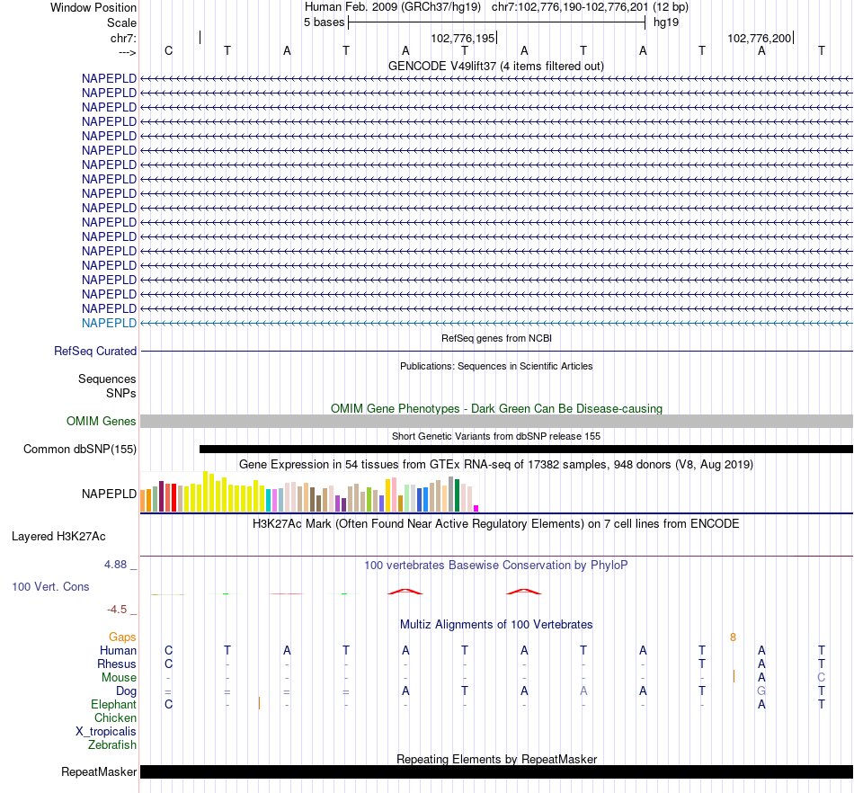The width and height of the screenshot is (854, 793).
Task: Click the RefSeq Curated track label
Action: (95, 352)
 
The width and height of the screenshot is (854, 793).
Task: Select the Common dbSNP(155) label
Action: (80, 450)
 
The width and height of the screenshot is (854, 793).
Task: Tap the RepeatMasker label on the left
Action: (99, 772)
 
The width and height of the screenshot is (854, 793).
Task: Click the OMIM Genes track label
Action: (102, 422)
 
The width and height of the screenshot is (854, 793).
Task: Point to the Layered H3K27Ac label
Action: (58, 537)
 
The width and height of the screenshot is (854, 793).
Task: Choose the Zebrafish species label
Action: (112, 745)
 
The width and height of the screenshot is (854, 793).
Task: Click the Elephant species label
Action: (113, 705)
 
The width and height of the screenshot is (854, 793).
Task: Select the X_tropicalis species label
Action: (106, 732)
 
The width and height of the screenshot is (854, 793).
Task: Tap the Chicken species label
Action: (115, 718)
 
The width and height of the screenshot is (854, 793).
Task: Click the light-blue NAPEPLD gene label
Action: (109, 323)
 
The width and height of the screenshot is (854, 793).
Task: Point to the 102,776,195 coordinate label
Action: (463, 39)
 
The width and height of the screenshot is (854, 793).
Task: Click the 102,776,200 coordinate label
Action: (760, 39)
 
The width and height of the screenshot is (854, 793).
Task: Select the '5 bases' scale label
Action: (324, 22)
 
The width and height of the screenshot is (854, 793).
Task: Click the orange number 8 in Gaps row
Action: (734, 637)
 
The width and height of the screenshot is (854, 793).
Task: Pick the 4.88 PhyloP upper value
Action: (118, 565)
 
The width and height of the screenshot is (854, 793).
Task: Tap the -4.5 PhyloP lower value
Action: (119, 610)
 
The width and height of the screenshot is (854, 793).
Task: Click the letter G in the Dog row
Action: (761, 691)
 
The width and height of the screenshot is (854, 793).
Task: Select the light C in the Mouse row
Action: (821, 678)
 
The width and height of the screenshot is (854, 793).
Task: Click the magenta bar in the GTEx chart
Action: (476, 508)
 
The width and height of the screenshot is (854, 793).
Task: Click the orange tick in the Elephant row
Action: (259, 703)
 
